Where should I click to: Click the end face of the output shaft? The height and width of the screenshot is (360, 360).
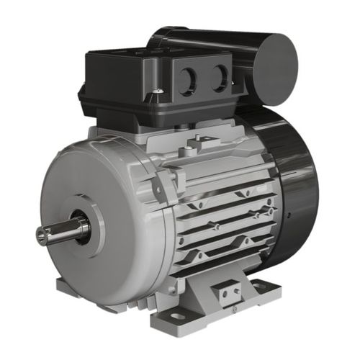[42, 236]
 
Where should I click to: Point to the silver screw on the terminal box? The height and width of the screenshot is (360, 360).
[157, 91]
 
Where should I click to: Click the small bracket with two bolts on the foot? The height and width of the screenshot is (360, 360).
[230, 293]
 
